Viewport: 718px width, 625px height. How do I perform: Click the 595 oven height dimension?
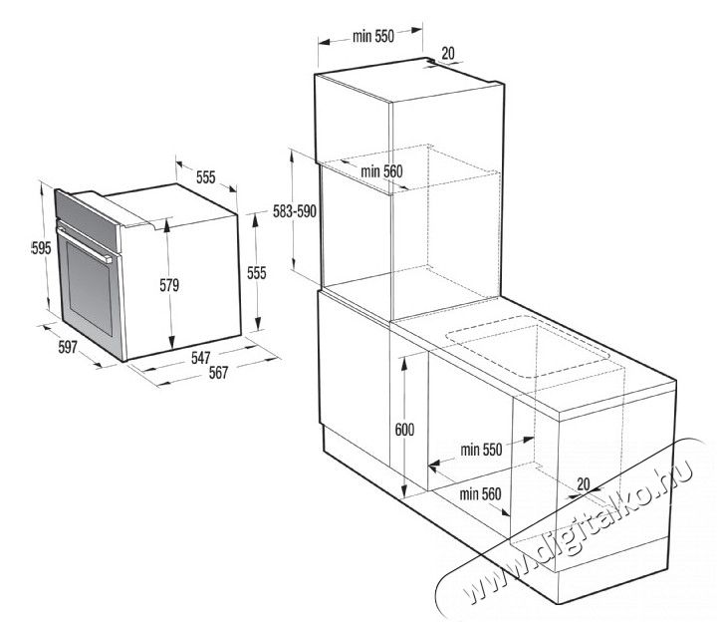pyautogui.click(x=41, y=248)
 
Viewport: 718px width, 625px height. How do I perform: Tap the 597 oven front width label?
pyautogui.click(x=68, y=347)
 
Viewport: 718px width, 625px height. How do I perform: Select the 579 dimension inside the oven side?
pyautogui.click(x=169, y=285)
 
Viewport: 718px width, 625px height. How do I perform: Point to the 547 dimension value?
pyautogui.click(x=201, y=358)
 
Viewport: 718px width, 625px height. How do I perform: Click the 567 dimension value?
pyautogui.click(x=218, y=373)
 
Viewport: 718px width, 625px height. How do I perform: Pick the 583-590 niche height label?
pyautogui.click(x=295, y=211)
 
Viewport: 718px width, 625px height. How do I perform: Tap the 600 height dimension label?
pyautogui.click(x=404, y=430)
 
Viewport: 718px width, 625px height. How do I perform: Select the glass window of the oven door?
pyautogui.click(x=90, y=288)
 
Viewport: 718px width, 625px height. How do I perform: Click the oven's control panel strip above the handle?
pyautogui.click(x=87, y=220)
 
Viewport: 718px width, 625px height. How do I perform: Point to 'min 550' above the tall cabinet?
pyautogui.click(x=373, y=36)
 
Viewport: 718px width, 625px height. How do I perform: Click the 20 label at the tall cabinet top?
pyautogui.click(x=448, y=54)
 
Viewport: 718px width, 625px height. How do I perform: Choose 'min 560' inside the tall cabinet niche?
pyautogui.click(x=381, y=171)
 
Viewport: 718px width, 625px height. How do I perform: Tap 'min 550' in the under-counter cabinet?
pyautogui.click(x=481, y=450)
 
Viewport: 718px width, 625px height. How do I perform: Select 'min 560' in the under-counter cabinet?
pyautogui.click(x=480, y=493)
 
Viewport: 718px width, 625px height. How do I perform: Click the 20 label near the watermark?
pyautogui.click(x=583, y=483)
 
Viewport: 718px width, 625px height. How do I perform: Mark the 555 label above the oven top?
pyautogui.click(x=205, y=177)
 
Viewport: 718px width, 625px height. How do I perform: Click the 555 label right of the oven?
pyautogui.click(x=257, y=273)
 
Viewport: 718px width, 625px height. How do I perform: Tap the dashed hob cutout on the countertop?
pyautogui.click(x=528, y=347)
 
